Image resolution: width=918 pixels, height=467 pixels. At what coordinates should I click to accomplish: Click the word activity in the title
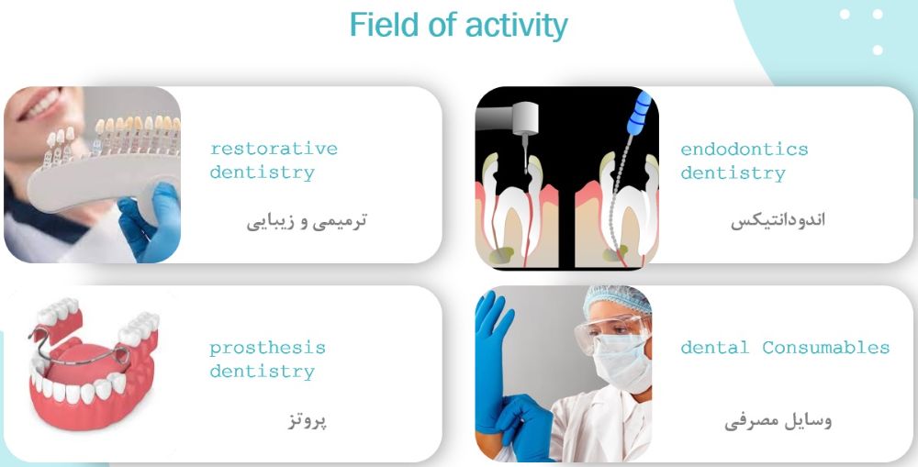point(516,26)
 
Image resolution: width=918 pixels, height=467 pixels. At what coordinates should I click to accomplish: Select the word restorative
point(274,149)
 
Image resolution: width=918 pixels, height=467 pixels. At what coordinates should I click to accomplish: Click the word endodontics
point(744,150)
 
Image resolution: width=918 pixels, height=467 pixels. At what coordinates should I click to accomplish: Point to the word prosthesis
point(267,349)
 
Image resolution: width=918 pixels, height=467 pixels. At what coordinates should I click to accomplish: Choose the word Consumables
point(825,348)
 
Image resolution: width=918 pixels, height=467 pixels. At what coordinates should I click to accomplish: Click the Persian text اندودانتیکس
point(778,220)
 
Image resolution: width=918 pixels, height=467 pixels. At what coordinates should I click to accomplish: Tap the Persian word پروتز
point(308,419)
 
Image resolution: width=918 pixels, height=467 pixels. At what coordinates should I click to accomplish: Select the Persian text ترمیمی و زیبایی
point(307,221)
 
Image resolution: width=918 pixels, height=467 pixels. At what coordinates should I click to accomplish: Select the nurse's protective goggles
point(611,330)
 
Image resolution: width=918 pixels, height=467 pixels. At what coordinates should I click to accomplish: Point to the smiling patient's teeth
point(41,106)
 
